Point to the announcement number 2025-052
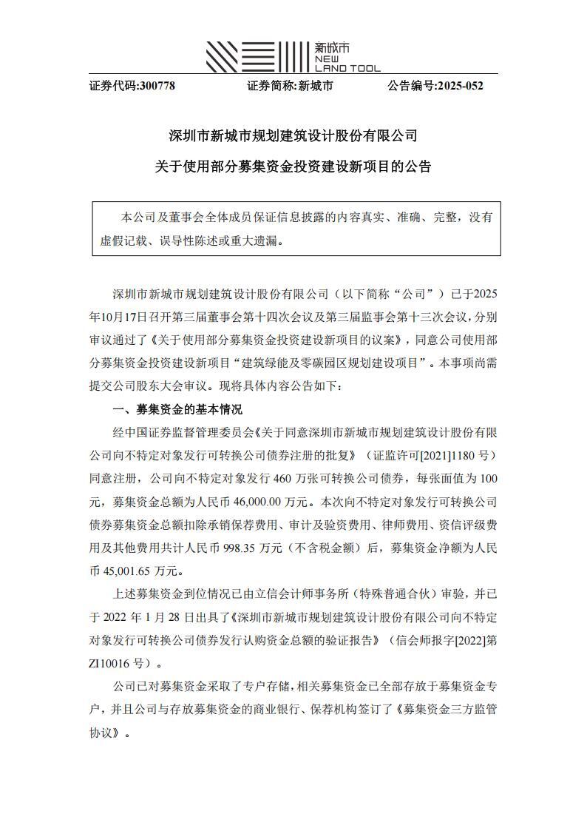[x=460, y=86]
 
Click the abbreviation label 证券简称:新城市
[x=290, y=86]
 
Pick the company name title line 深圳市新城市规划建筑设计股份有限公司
[x=293, y=136]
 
